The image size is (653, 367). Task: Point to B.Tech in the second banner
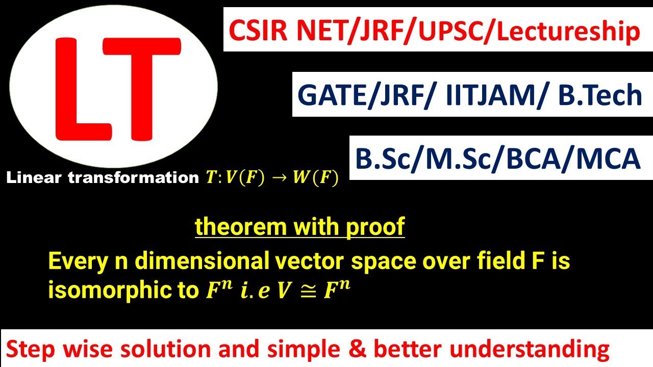click(600, 95)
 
